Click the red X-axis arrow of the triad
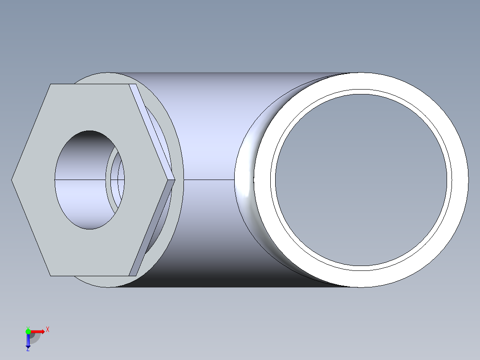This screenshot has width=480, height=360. pos(39,331)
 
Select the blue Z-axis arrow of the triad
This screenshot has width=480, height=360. pos(28,341)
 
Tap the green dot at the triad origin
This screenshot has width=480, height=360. pos(28,331)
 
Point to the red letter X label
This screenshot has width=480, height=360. pos(48,330)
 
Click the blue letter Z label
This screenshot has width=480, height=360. pos(28,349)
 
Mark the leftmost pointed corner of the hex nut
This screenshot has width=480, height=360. pos(12,180)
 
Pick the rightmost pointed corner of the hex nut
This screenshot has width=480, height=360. pos(175,180)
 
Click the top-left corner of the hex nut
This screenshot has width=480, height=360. pos(51,84)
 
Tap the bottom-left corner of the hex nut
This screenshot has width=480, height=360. pos(51,276)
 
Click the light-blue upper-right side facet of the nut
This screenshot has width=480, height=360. pos(151,129)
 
